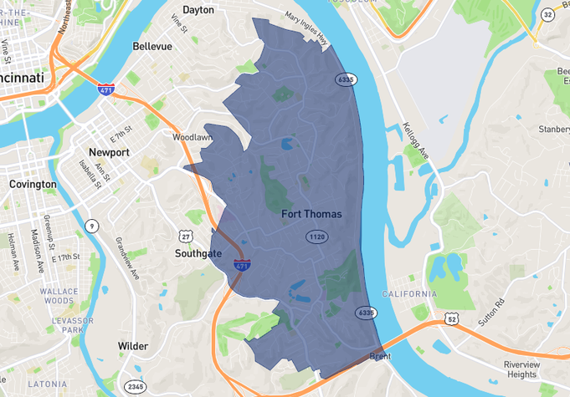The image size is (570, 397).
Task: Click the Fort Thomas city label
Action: click(x=311, y=214)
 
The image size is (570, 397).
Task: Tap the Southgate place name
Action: click(x=198, y=252)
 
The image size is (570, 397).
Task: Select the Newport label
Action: click(x=109, y=153)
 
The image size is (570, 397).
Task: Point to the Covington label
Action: click(x=33, y=184)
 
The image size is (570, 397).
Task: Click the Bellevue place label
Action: click(x=151, y=47)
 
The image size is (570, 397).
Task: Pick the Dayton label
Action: click(x=198, y=11)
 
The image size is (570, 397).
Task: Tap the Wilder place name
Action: click(x=133, y=346)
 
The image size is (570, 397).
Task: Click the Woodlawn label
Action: click(x=193, y=136)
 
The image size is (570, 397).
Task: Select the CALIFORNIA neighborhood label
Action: click(x=409, y=294)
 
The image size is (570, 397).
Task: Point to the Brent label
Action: click(x=380, y=357)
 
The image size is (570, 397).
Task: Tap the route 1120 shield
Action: click(x=316, y=237)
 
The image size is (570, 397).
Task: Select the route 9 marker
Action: click(x=91, y=225)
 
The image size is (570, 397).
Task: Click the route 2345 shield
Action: click(x=134, y=386)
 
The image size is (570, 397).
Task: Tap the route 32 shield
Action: click(x=547, y=15)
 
